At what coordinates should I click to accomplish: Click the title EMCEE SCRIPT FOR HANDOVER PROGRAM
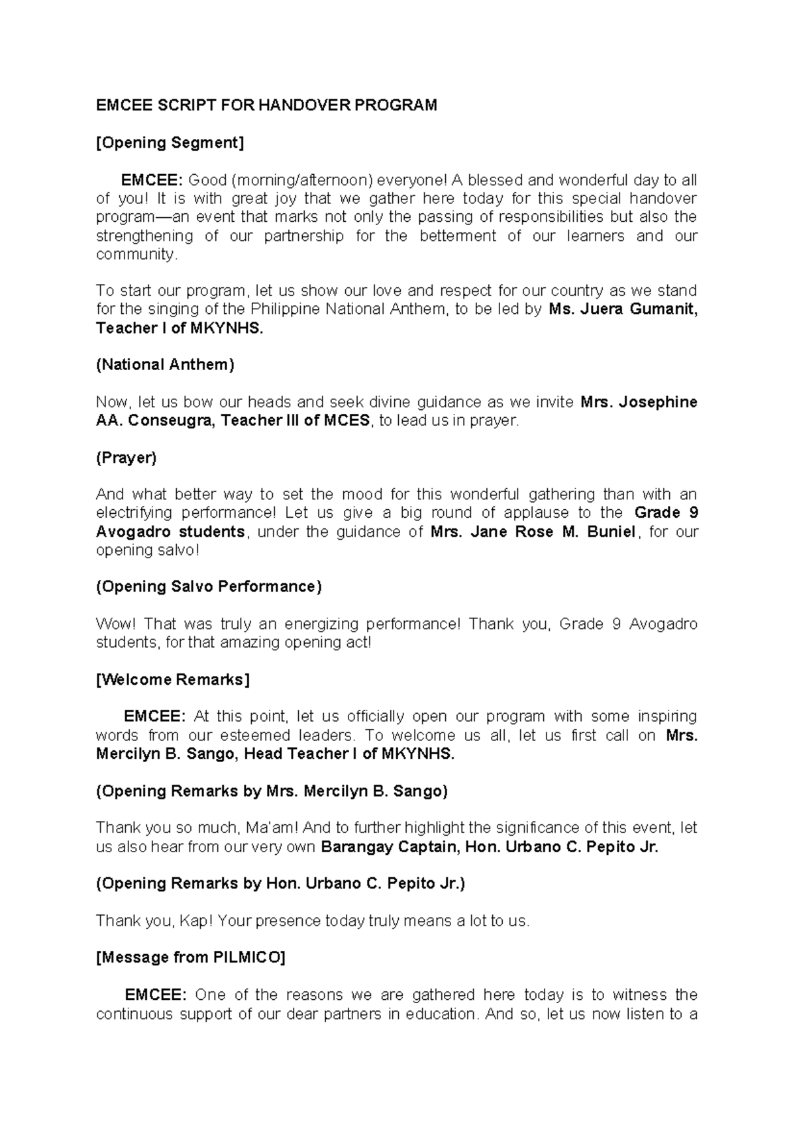coord(266,105)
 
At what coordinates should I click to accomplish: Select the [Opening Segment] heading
coord(170,142)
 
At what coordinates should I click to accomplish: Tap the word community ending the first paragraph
coord(136,254)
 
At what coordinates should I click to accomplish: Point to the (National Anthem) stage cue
coord(165,364)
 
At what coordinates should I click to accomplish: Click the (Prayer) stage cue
coord(126,458)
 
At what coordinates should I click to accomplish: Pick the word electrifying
coord(134,513)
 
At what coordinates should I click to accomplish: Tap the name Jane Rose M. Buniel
coord(533,532)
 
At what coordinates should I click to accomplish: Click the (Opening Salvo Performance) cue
coord(209,587)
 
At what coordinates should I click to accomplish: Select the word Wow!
coord(115,624)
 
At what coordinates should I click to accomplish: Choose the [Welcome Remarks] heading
coord(173,680)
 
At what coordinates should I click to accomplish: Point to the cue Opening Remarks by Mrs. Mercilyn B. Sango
coord(272,791)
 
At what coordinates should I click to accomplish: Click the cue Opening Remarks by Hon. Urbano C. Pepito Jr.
coord(281,883)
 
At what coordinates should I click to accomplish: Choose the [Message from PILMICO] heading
coord(191,957)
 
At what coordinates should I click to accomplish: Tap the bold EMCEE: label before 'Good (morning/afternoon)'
coord(152,180)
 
